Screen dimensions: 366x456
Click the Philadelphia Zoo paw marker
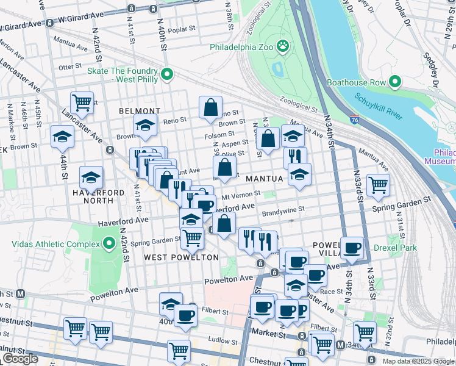[282, 46]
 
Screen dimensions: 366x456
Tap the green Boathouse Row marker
[395, 82]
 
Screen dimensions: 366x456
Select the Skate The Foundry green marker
[166, 75]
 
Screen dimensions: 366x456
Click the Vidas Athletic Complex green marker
[109, 244]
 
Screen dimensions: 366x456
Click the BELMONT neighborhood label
[139, 111]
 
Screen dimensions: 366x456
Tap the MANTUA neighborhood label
[265, 179]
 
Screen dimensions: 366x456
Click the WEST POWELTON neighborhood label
[181, 257]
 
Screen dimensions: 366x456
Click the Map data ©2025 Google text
[418, 361]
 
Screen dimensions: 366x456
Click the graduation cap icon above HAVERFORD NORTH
[91, 177]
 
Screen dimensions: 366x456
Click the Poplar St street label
[181, 28]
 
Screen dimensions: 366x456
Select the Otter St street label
[69, 66]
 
